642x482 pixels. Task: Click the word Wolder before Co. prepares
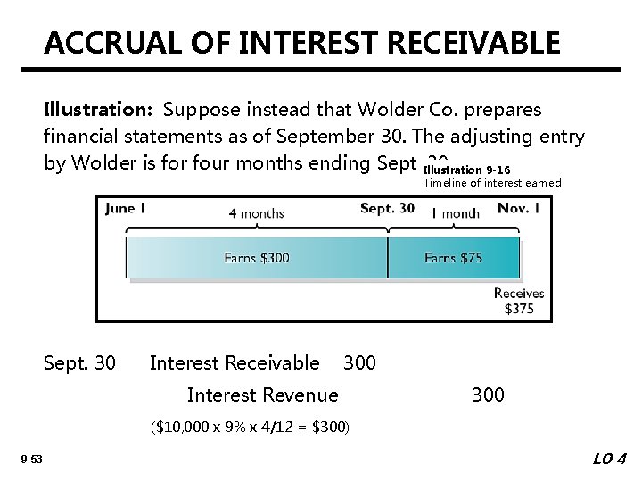coord(386,110)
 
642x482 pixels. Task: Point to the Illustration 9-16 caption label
coord(466,170)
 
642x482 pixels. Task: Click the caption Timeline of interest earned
coord(492,182)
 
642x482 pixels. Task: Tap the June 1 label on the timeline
coord(125,209)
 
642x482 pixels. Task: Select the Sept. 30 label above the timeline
coord(387,209)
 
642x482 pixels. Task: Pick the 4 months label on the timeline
coord(256,213)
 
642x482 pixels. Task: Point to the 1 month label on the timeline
coord(455,213)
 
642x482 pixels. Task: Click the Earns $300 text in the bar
coord(256,258)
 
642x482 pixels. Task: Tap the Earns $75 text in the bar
coord(453,258)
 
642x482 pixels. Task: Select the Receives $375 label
coord(519,302)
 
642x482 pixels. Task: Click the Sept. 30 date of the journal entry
coord(79,363)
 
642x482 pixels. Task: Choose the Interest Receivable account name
coord(235,363)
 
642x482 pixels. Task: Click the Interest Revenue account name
coord(263,395)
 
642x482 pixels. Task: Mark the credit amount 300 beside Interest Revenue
coord(487,395)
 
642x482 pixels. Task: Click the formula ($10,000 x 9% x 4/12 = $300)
coord(250,428)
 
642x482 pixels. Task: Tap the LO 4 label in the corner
coord(610,460)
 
